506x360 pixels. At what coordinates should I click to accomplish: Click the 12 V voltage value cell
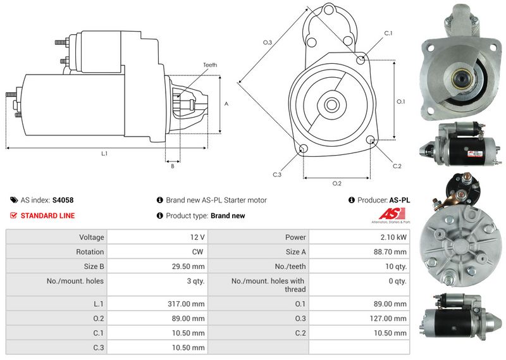(197, 237)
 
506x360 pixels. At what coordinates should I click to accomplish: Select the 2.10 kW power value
(393, 237)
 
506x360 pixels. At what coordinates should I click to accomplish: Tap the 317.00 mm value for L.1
(186, 304)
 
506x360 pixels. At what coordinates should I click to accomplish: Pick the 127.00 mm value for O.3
(388, 318)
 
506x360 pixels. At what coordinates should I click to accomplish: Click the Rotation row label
(90, 252)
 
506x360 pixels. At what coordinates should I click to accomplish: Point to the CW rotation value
(197, 252)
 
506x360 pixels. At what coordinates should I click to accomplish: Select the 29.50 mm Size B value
(188, 266)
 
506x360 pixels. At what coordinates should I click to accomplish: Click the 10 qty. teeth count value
(396, 266)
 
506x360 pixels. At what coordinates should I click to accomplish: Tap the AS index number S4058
(63, 200)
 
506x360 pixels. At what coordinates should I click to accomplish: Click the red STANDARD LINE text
(48, 216)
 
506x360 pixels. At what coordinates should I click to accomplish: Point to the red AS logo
(392, 214)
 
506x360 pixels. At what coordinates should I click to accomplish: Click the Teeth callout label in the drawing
(210, 65)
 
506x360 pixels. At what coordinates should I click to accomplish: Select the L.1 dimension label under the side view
(104, 154)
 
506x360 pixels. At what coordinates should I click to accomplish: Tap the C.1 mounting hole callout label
(388, 34)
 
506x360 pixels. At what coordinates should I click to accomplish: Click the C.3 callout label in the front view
(277, 175)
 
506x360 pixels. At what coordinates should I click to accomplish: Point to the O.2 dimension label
(337, 183)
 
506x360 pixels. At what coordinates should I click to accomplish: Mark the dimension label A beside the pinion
(226, 104)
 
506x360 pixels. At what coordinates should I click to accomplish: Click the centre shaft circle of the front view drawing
(331, 104)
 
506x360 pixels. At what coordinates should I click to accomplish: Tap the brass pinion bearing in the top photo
(461, 78)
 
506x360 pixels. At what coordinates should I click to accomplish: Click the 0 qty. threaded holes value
(398, 281)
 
